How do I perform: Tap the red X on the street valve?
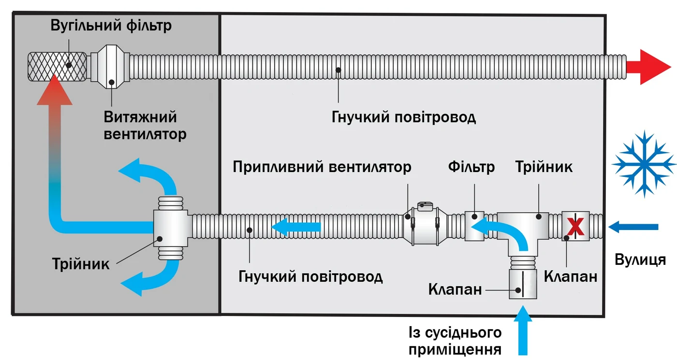(x=575, y=226)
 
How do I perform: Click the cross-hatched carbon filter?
(x=57, y=66)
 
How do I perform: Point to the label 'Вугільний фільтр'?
(x=111, y=25)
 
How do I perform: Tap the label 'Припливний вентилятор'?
(x=322, y=167)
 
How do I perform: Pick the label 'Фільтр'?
(x=471, y=167)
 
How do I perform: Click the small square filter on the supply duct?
(x=474, y=226)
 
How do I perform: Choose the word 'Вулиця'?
(x=640, y=259)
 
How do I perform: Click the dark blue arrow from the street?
(x=633, y=226)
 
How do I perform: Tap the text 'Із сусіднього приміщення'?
(x=455, y=341)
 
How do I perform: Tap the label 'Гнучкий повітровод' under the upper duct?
(x=403, y=117)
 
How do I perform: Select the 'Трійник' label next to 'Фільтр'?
(x=544, y=167)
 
